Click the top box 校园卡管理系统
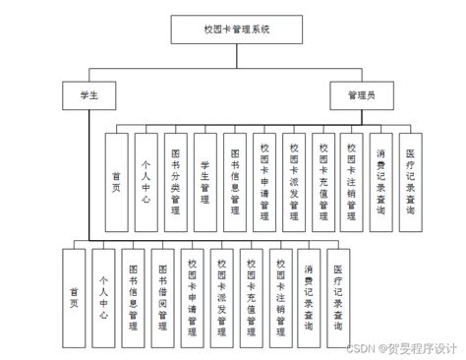coord(232,30)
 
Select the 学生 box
coord(87,94)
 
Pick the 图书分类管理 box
coord(175,183)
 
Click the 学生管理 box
coord(204,183)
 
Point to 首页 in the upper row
coord(116,183)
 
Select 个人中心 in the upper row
coord(146,183)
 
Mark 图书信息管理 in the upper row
coord(234,183)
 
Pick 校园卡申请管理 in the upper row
coord(263,183)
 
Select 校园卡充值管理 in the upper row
coord(322,183)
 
